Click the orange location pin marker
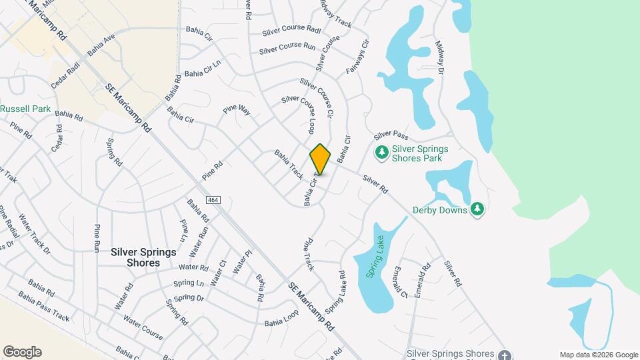point(321,159)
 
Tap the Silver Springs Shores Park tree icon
point(382,153)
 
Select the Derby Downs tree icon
point(477,210)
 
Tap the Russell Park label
point(25,108)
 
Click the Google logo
point(22,352)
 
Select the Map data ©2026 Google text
point(599,355)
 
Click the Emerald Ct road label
point(400,282)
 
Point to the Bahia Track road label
point(289,165)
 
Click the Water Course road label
point(143,327)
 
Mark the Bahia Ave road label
point(101,44)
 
